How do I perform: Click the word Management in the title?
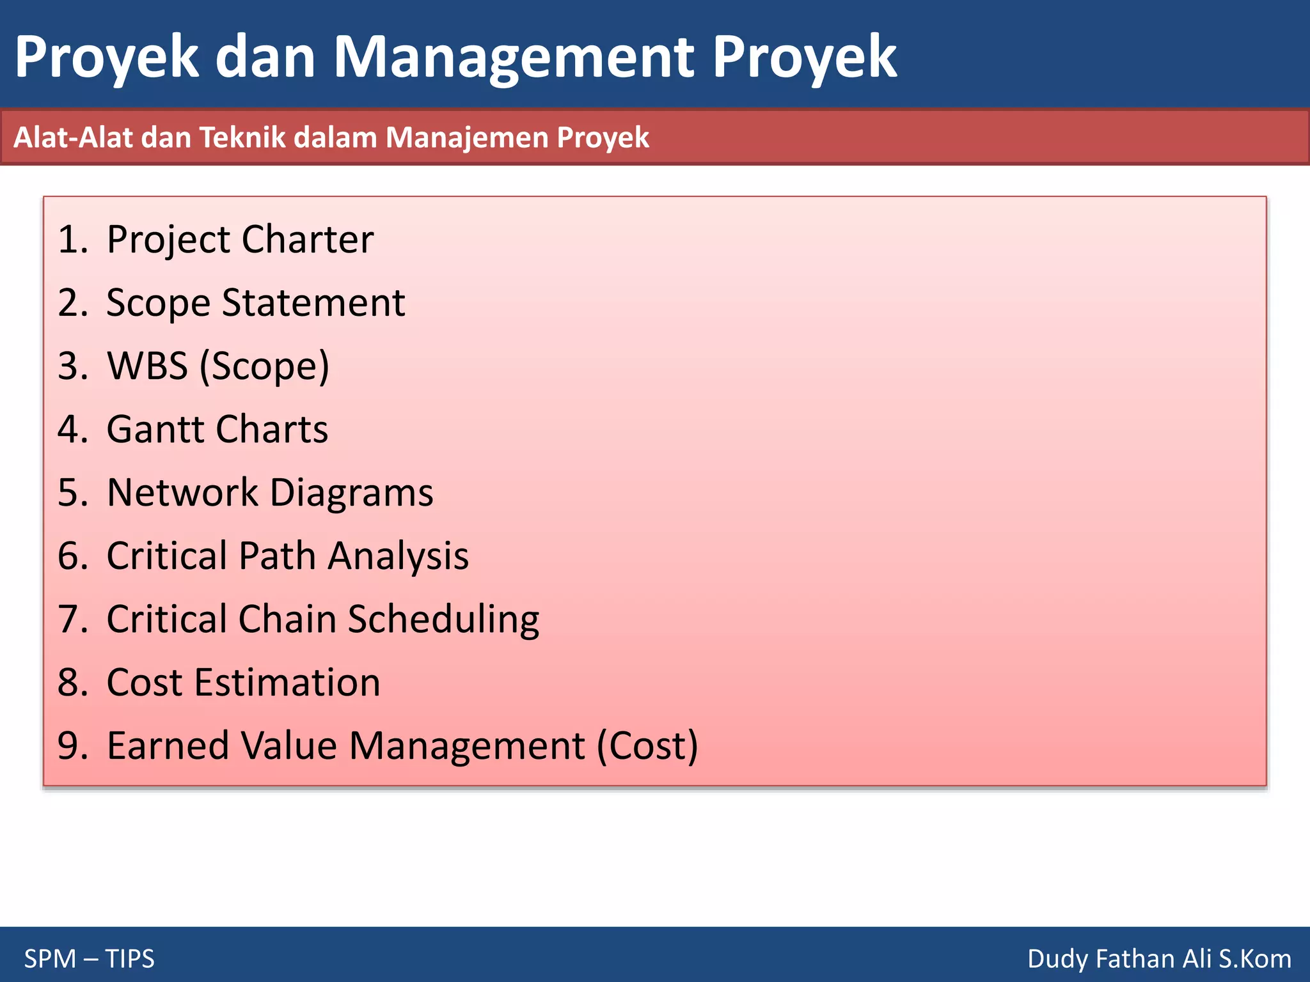pyautogui.click(x=514, y=58)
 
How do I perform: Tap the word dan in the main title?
pyautogui.click(x=265, y=58)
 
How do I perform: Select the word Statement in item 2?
pyautogui.click(x=313, y=302)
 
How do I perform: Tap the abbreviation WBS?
pyautogui.click(x=147, y=366)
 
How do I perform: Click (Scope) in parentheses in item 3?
pyautogui.click(x=264, y=366)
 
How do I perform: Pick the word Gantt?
pyautogui.click(x=155, y=429)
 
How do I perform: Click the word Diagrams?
pyautogui.click(x=351, y=493)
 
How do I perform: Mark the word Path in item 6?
pyautogui.click(x=277, y=556)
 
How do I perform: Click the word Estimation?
pyautogui.click(x=287, y=682)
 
